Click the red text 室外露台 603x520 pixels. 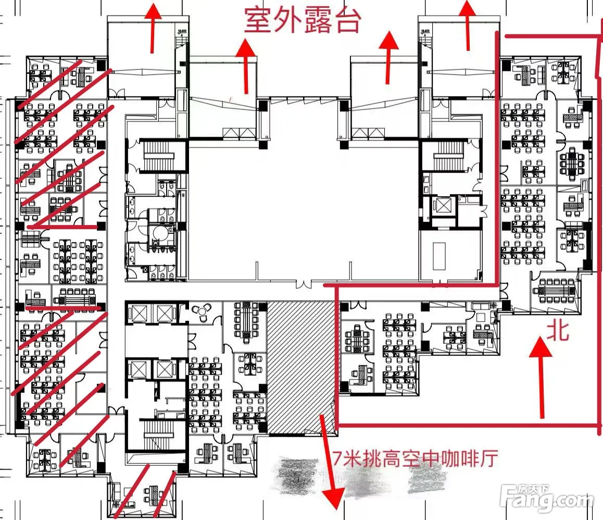[x=303, y=21]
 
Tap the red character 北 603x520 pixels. [x=557, y=330]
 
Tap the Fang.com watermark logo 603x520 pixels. [x=546, y=501]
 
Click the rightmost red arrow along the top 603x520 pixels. [x=468, y=23]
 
